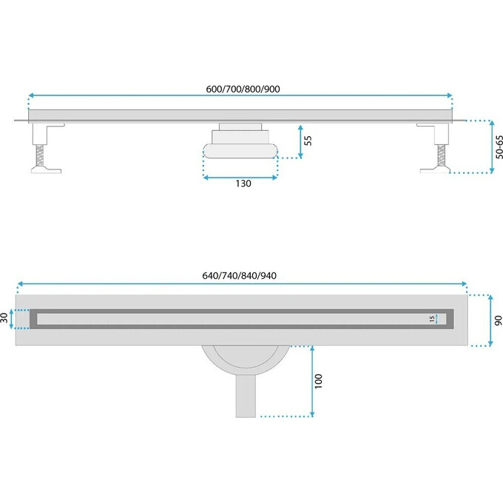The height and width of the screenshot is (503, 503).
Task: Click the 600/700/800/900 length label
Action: tap(243, 89)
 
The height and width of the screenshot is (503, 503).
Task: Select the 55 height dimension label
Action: tap(308, 141)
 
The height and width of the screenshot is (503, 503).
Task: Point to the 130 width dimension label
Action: tap(243, 183)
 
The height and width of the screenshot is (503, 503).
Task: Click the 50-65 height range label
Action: tap(499, 147)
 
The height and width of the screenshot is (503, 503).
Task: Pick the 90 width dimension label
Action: tap(498, 320)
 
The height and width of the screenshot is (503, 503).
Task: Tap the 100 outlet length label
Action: tap(318, 382)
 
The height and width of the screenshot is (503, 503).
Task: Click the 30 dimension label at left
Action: tap(4, 318)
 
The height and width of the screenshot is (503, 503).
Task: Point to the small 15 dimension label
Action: tap(432, 319)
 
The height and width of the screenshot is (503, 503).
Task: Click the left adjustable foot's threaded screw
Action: tap(40, 155)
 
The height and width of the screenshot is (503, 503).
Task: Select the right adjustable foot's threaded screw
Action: tap(442, 155)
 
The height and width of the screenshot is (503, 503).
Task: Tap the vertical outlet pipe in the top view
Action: tap(246, 396)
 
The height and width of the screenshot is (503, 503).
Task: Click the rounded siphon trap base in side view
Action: tap(240, 151)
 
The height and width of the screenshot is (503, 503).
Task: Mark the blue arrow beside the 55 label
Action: tap(300, 142)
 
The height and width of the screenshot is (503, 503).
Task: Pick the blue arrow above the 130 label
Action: tap(240, 178)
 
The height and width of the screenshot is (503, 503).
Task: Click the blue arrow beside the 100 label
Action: tap(312, 382)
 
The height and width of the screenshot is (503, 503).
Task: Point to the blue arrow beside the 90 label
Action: tap(490, 320)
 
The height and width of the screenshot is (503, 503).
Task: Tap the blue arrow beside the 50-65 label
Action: tap(492, 147)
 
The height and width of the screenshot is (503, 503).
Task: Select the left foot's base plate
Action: tap(46, 169)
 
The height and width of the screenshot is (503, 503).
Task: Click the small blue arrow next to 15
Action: tap(436, 319)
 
